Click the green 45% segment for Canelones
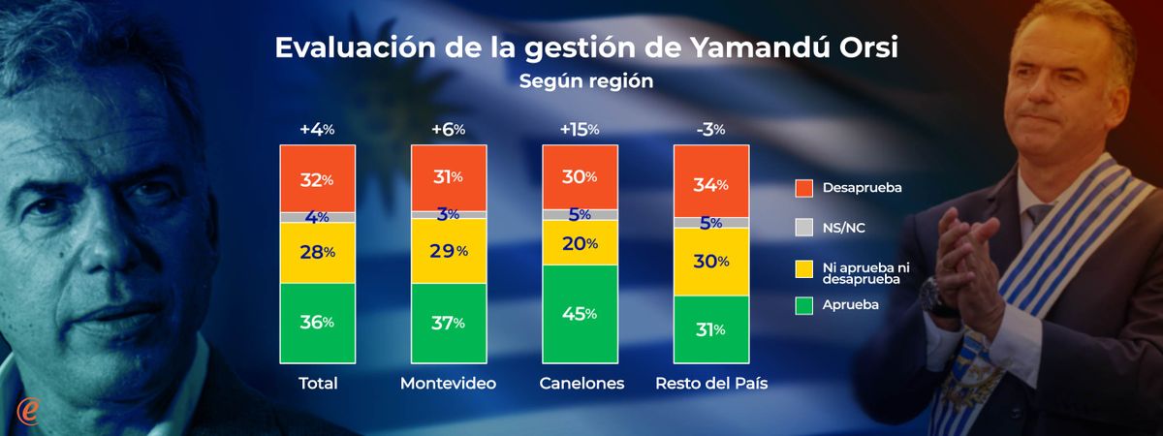(x=579, y=314)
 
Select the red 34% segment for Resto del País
(x=711, y=181)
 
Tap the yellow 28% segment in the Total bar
(x=317, y=252)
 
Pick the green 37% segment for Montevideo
(x=448, y=323)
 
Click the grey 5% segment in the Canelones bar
(x=579, y=214)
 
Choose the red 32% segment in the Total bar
(x=317, y=179)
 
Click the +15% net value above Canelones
(x=579, y=129)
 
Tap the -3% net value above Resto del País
(x=711, y=129)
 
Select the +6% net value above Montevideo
(x=447, y=129)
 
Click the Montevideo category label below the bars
(x=448, y=384)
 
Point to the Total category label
(x=317, y=384)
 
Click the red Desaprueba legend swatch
(x=802, y=188)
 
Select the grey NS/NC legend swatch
(x=802, y=228)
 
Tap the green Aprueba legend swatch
(x=802, y=306)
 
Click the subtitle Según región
(x=585, y=81)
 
